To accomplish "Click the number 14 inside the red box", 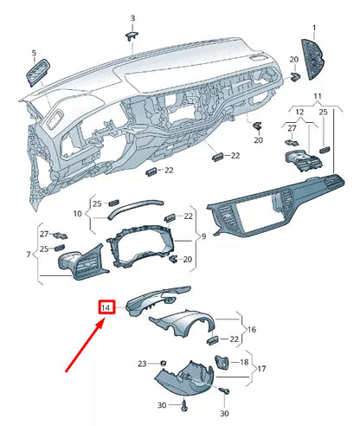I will tap(106, 307).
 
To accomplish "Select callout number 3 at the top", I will tap(132, 18).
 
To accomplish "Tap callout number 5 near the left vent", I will tap(34, 54).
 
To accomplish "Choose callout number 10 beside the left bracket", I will tap(77, 213).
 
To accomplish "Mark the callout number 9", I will tap(202, 236).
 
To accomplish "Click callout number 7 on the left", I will tap(29, 255).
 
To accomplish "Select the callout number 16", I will tap(251, 330).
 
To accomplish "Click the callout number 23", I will tap(143, 363).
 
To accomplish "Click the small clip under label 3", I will tap(132, 35).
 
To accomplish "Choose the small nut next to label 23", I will tap(162, 361).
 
